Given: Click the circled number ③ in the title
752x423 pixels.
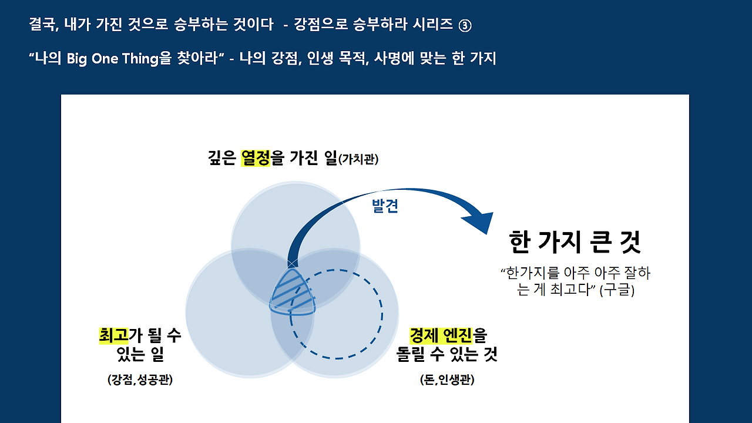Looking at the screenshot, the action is [x=465, y=25].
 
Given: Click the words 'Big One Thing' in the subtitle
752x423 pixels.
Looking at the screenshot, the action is [x=112, y=59].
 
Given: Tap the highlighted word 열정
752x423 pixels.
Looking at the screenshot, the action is [x=256, y=158].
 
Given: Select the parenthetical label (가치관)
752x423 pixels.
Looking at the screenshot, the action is [x=358, y=159].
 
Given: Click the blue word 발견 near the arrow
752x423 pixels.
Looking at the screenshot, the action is [x=385, y=206].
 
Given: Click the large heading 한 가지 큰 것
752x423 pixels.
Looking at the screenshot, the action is [x=575, y=241].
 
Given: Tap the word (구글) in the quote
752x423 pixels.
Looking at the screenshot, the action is [x=617, y=290].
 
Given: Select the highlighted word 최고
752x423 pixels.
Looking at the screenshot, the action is [x=113, y=335].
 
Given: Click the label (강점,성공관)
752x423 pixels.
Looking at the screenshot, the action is [x=140, y=380].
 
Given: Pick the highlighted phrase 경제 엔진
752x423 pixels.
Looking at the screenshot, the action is [x=441, y=335].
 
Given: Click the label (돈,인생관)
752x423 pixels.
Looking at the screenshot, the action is [x=447, y=380].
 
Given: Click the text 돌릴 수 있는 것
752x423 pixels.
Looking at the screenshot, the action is [x=447, y=354].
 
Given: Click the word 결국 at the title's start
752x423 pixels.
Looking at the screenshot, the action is [x=42, y=24].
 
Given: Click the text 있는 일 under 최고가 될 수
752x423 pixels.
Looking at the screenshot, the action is [x=140, y=354].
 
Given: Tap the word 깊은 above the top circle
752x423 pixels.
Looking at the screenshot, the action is [x=222, y=158].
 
